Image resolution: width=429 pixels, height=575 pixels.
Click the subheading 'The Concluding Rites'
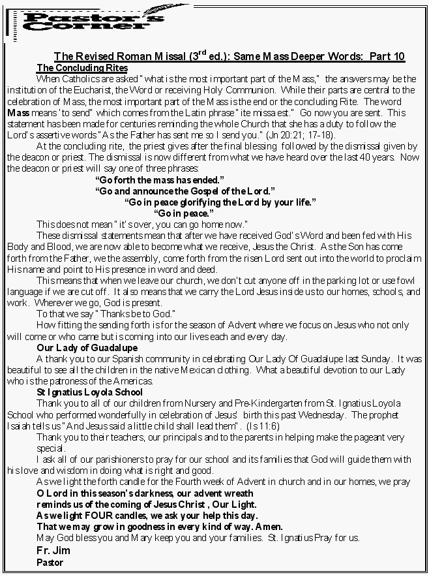[x=82, y=68]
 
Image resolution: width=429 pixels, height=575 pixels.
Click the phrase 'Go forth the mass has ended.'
[x=160, y=179]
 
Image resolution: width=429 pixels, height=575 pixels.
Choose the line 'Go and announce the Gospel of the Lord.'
[x=185, y=191]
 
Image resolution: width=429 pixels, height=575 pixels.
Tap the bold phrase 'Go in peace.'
[x=183, y=213]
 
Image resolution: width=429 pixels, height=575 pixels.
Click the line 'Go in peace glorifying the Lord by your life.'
[x=220, y=202]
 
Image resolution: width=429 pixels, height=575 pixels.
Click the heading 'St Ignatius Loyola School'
[x=90, y=392]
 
